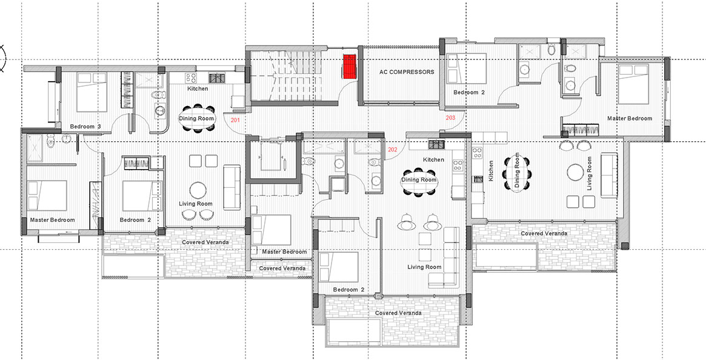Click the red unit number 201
pyautogui.click(x=236, y=120)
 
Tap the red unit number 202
pyautogui.click(x=393, y=150)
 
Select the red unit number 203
pyautogui.click(x=450, y=118)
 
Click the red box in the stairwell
pyautogui.click(x=350, y=67)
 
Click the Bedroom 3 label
pyautogui.click(x=85, y=127)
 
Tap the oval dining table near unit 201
pyautogui.click(x=196, y=119)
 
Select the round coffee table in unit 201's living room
pyautogui.click(x=198, y=190)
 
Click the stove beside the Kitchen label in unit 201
pyautogui.click(x=217, y=78)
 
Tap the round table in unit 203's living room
pyautogui.click(x=576, y=172)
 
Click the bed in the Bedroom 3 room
pyautogui.click(x=92, y=92)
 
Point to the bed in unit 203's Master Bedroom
pyautogui.click(x=633, y=84)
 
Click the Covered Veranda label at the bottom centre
pyautogui.click(x=399, y=313)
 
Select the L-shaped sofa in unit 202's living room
pyautogui.click(x=444, y=257)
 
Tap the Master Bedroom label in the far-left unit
pyautogui.click(x=52, y=220)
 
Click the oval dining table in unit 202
pyautogui.click(x=419, y=180)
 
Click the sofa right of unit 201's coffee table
pyautogui.click(x=232, y=187)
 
